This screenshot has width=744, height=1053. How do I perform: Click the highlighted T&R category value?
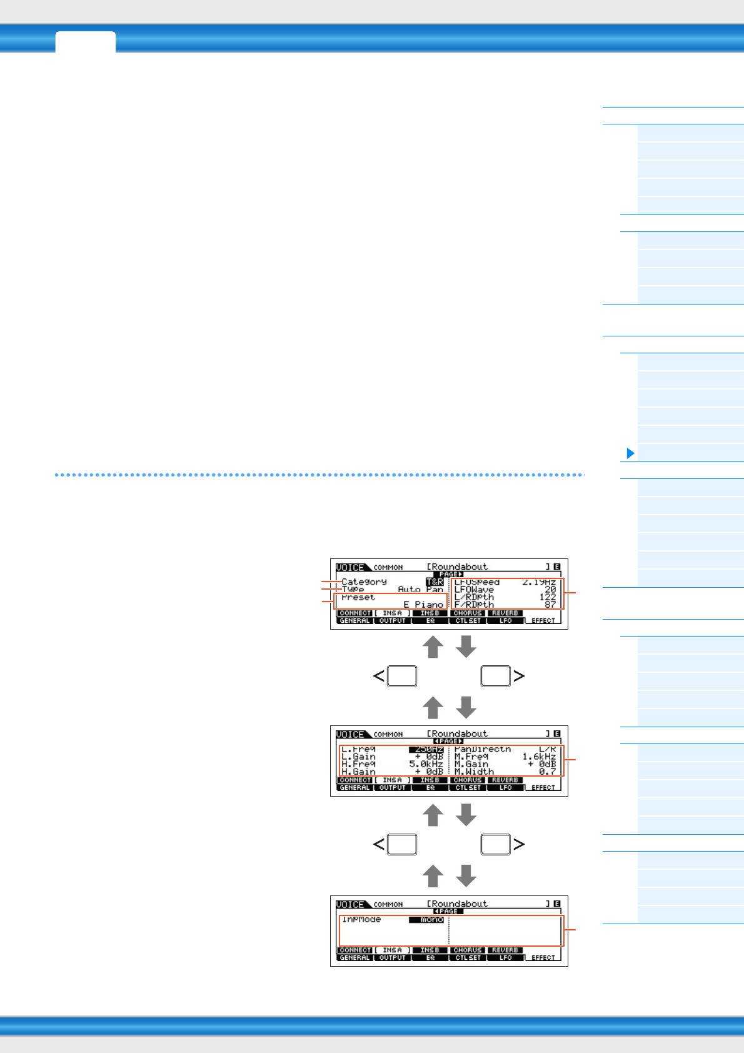(435, 582)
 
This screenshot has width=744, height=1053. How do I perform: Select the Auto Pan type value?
(420, 589)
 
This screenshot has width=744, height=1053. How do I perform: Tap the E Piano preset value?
(423, 604)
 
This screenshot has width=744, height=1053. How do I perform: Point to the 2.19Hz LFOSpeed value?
(539, 582)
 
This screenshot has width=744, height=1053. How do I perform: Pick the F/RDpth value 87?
(550, 604)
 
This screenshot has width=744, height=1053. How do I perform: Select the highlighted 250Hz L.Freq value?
(426, 748)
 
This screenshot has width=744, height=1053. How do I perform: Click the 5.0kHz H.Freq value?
(426, 763)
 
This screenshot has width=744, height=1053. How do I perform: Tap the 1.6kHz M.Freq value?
(539, 756)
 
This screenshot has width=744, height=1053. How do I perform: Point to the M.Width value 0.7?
(548, 771)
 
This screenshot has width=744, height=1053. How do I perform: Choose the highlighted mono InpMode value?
(426, 919)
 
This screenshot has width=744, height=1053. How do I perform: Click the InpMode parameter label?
(361, 919)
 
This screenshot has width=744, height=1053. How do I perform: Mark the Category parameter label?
(364, 582)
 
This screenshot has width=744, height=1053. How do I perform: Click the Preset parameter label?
(358, 597)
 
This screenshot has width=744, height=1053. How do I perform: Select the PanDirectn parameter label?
(482, 748)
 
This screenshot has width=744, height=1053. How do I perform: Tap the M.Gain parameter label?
(471, 763)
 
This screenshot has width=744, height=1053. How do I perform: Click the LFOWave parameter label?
(474, 589)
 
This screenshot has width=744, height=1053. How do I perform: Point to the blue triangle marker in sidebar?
(630, 453)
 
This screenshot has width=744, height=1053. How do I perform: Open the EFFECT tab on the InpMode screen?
(543, 957)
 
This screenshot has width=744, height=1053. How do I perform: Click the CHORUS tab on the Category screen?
(468, 613)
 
